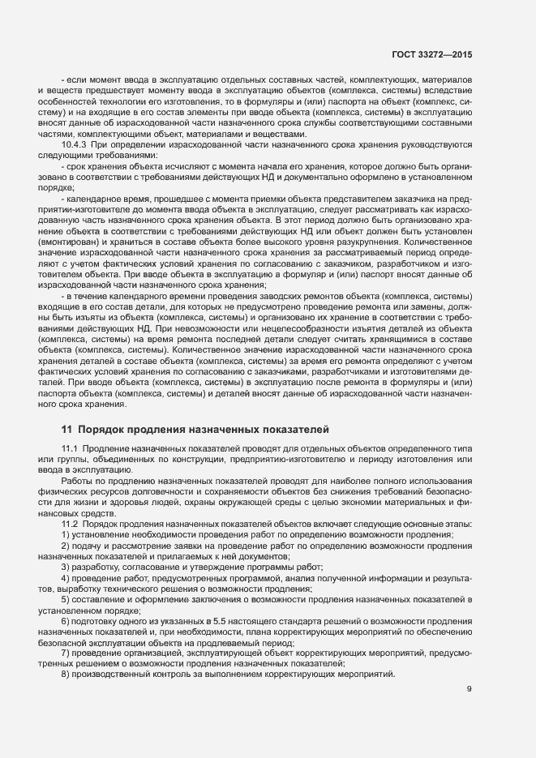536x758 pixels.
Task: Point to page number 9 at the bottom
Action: coord(470,690)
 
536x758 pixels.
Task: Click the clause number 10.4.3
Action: coord(75,144)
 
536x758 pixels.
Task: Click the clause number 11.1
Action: coord(70,449)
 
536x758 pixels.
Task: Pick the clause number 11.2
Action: coord(70,524)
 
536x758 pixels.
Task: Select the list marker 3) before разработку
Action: coord(65,567)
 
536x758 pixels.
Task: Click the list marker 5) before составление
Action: coord(65,598)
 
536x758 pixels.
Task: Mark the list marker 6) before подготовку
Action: coord(65,620)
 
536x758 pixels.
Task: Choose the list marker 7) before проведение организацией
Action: coord(65,652)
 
